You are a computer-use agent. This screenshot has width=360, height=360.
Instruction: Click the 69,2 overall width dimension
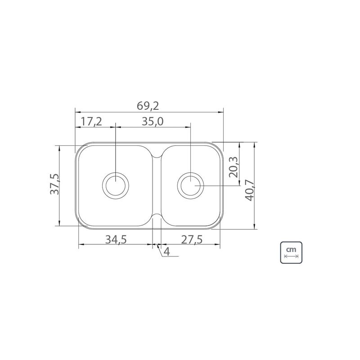point(148,106)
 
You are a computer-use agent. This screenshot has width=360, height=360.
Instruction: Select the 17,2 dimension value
point(91,121)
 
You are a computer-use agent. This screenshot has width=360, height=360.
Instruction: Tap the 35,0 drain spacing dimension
point(153,121)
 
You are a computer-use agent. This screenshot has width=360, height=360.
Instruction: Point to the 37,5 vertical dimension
point(54,184)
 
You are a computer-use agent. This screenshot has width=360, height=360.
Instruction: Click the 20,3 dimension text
point(234,167)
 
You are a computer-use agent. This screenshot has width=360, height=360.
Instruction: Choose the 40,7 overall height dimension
point(250,190)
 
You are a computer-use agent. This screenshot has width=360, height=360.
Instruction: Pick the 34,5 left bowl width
point(116,240)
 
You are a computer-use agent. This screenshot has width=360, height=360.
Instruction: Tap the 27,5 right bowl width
point(192,240)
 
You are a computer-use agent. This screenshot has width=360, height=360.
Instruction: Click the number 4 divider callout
point(167,252)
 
